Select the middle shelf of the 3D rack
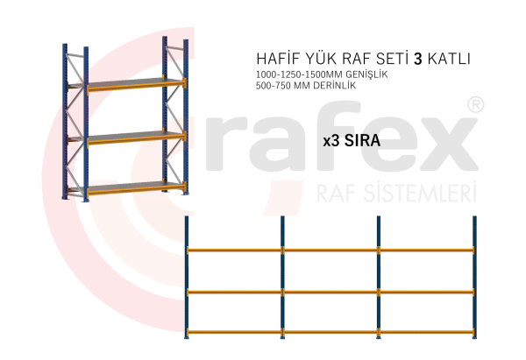pyautogui.click(x=131, y=135)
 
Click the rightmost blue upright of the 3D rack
pyautogui.click(x=185, y=114)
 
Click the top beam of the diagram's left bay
pyautogui.click(x=234, y=251)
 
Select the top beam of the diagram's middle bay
pyautogui.click(x=331, y=251)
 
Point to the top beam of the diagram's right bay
pyautogui.click(x=427, y=251)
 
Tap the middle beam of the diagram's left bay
pyautogui.click(x=234, y=291)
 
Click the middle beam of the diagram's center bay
pyautogui.click(x=331, y=291)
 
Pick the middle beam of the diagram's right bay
pyautogui.click(x=427, y=291)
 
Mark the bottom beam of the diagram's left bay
pyautogui.click(x=234, y=331)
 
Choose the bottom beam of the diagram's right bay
pyautogui.click(x=427, y=331)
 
